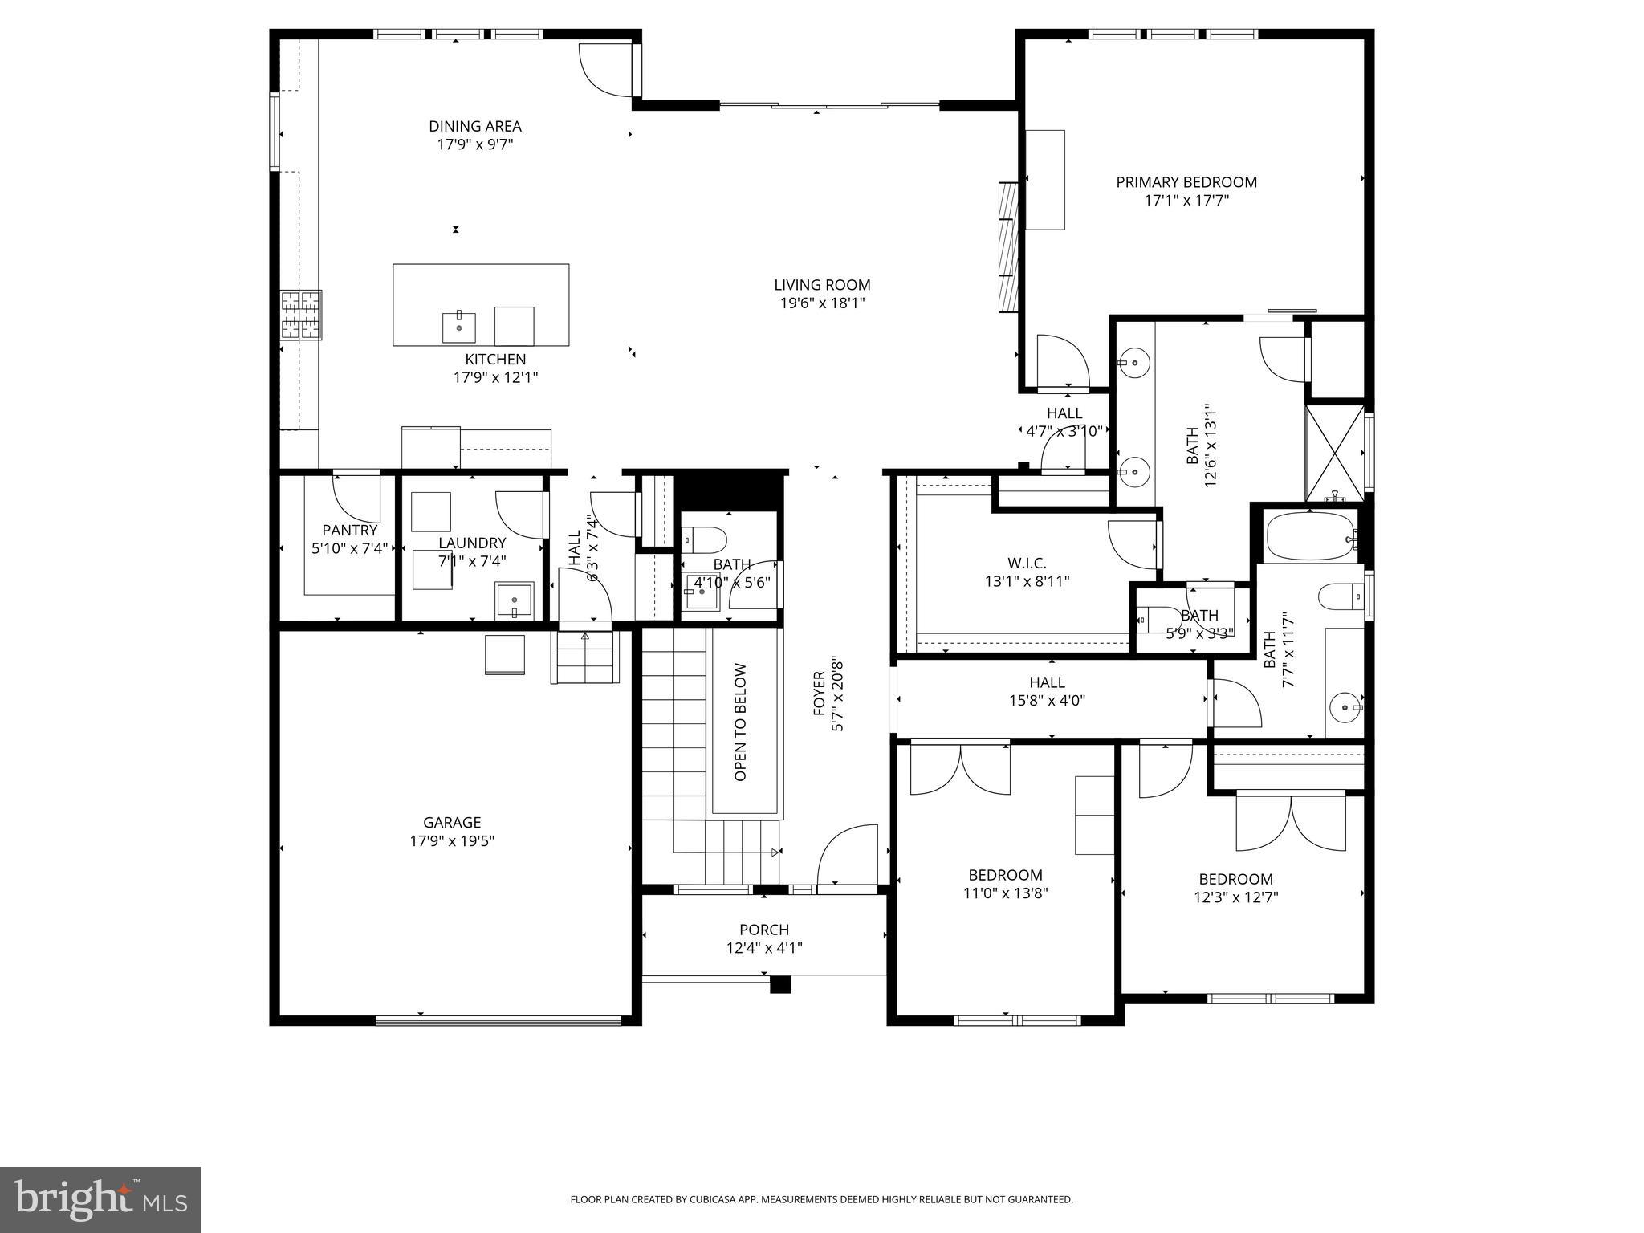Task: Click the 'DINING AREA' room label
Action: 474,126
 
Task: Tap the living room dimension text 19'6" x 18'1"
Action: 822,303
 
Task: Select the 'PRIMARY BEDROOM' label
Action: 1186,182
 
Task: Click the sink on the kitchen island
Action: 458,327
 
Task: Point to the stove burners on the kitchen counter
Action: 301,315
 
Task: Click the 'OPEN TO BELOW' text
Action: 740,722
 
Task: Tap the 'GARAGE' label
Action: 452,822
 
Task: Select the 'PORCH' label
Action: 764,930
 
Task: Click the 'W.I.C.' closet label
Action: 1027,564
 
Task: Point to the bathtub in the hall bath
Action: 1309,537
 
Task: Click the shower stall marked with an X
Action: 1334,454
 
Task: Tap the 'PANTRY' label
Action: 349,531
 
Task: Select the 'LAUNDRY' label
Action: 472,543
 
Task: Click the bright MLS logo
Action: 100,1198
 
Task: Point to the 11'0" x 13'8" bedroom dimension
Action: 1005,893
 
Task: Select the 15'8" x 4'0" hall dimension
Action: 1047,700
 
